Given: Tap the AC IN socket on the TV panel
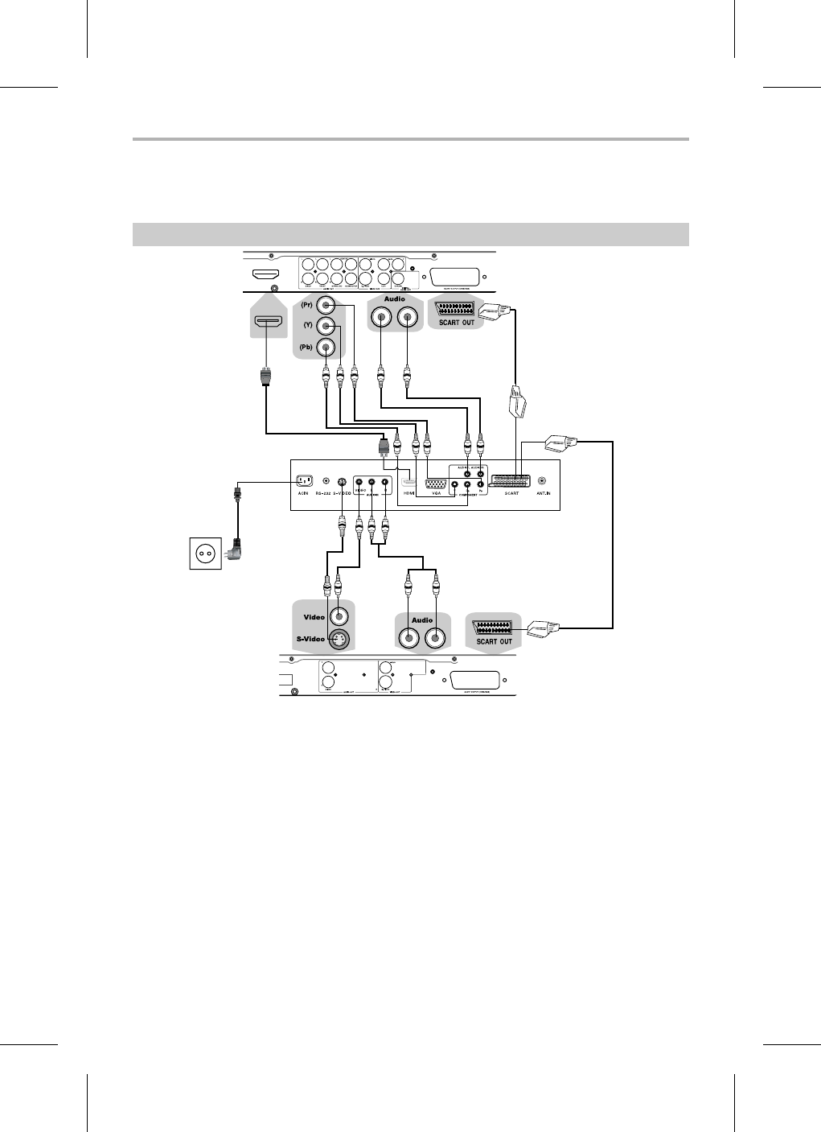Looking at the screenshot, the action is coord(304,480).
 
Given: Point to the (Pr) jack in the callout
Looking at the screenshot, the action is coord(326,306).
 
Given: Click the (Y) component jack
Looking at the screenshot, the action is coord(326,326).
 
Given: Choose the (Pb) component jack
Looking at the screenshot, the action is coord(326,347).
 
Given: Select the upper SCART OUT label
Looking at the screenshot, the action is coord(456,323).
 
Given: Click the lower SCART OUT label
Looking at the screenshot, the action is coord(495,641).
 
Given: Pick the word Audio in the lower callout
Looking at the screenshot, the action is coord(422,620).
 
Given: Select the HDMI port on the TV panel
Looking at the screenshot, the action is coord(408,484).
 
